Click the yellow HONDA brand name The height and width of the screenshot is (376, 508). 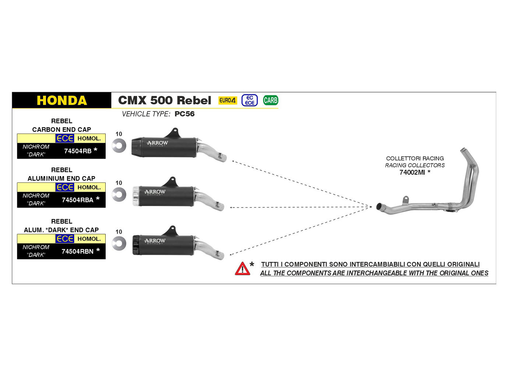[x=62, y=100]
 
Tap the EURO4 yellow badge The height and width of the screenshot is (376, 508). [x=227, y=100]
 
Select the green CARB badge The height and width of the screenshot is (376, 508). [x=271, y=100]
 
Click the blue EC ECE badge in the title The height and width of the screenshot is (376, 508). [x=250, y=100]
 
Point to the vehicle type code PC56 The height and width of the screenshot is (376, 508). [x=184, y=114]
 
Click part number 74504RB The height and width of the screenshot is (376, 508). [x=78, y=151]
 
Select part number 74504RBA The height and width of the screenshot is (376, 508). [x=78, y=200]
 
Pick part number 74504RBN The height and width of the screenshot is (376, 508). [x=78, y=252]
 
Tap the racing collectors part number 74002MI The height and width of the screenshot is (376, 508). [x=412, y=173]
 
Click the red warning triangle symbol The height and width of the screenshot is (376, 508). [x=242, y=269]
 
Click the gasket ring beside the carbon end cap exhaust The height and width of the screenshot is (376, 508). [x=119, y=146]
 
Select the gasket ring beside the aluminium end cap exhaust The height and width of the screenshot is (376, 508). [x=119, y=195]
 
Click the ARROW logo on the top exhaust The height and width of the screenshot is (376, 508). [x=157, y=143]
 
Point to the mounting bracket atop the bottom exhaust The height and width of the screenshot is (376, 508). [x=172, y=231]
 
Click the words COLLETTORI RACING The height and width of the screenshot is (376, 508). [x=415, y=159]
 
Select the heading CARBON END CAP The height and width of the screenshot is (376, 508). [x=61, y=129]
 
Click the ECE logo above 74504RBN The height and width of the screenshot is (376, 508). [x=65, y=239]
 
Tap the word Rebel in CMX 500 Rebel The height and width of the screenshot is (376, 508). [x=194, y=100]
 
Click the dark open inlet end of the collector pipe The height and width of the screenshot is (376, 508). [x=379, y=206]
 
